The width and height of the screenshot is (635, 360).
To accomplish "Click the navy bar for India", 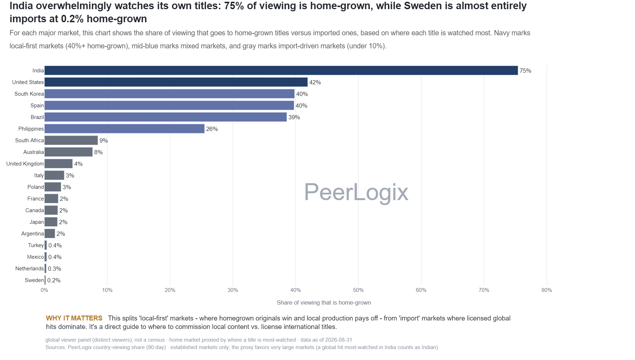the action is (x=281, y=71).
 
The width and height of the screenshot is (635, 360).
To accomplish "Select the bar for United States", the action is (x=176, y=82).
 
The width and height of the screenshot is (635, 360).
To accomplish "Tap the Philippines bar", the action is (x=125, y=129).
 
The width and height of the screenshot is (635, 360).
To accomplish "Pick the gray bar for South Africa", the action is (x=71, y=140).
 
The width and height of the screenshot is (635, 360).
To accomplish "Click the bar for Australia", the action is (x=68, y=152).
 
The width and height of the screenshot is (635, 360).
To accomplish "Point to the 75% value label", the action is (x=525, y=71).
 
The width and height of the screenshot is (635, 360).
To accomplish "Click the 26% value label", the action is (x=212, y=129).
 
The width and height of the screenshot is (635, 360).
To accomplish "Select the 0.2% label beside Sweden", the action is (x=54, y=280).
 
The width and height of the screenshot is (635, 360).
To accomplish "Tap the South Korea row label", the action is (x=29, y=94).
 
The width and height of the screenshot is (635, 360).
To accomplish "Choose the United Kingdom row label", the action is (x=25, y=164).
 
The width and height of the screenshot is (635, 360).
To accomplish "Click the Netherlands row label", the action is (x=30, y=269).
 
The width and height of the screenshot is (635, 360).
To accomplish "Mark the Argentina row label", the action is (x=32, y=234).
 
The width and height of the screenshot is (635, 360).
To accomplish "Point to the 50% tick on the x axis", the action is (x=358, y=290).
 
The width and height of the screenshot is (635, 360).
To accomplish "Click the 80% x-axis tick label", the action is (x=547, y=290).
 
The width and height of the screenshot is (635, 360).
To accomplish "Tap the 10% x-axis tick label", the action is (x=107, y=290).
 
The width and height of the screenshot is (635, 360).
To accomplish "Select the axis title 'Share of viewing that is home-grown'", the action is (x=324, y=302).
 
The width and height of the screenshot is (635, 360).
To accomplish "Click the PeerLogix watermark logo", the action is (x=356, y=192).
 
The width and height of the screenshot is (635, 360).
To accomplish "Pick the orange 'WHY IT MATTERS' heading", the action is (x=74, y=318).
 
